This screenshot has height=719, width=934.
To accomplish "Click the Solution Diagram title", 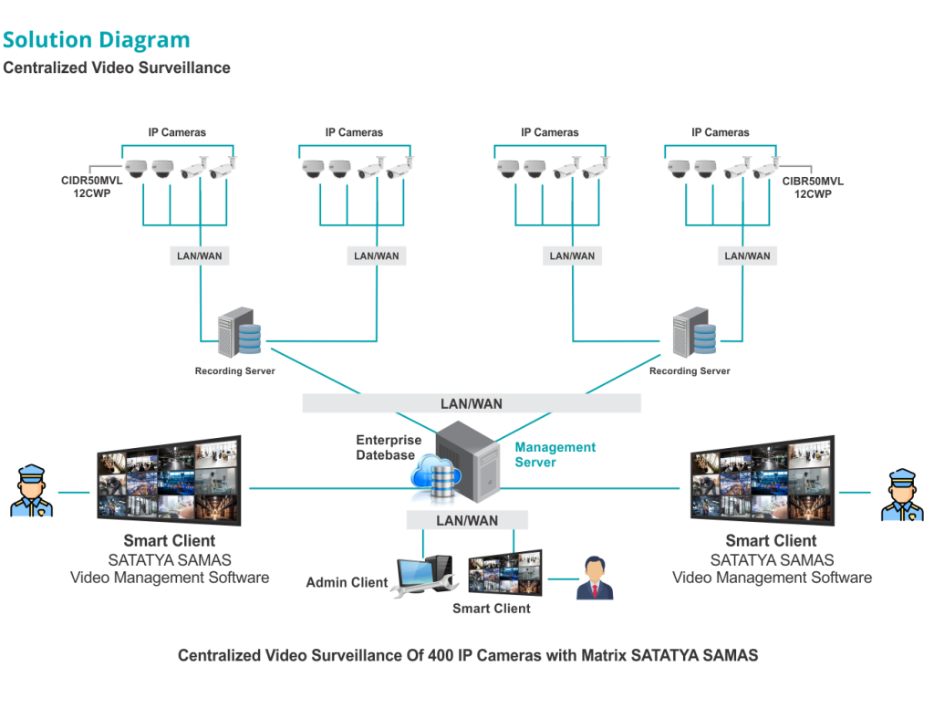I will [x=96, y=39].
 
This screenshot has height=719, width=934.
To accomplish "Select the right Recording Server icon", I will [x=694, y=333].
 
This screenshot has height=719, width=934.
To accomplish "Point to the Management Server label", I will [x=555, y=454].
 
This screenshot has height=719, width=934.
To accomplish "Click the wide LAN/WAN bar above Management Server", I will [x=472, y=403].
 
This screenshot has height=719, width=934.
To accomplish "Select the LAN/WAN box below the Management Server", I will [x=467, y=520].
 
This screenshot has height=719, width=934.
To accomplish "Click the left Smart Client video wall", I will [x=169, y=481].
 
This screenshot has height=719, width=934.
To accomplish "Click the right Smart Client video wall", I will [x=762, y=481].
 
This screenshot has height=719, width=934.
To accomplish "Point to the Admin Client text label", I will [x=347, y=582].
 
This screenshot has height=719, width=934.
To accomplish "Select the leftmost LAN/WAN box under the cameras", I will [x=200, y=256].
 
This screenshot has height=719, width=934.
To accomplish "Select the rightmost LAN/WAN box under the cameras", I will [x=747, y=256].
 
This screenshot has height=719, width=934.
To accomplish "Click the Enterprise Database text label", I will [x=389, y=447].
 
